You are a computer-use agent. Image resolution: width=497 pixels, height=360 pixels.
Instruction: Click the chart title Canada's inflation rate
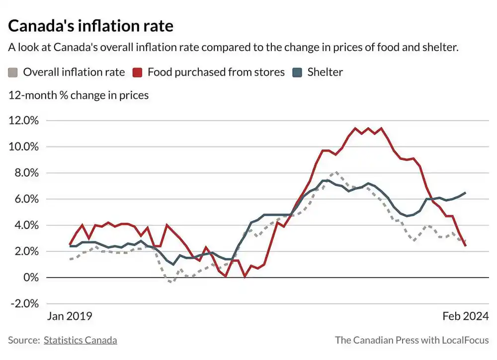tap(90, 25)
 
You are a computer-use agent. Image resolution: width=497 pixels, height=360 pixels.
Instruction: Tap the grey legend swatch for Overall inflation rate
tap(13, 72)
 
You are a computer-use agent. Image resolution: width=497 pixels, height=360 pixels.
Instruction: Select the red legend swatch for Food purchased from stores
tap(138, 72)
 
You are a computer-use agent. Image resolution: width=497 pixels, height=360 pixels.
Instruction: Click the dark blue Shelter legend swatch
tap(297, 72)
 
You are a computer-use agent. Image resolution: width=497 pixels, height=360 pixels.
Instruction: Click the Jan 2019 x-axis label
tap(70, 316)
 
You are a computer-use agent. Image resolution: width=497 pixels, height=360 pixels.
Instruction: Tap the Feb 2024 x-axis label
tap(465, 316)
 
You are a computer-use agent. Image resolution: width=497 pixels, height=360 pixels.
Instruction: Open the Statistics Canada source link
tap(81, 340)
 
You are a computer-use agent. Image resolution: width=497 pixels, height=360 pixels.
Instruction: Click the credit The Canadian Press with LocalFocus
tap(412, 340)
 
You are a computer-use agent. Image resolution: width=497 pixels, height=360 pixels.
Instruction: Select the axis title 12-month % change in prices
tap(79, 95)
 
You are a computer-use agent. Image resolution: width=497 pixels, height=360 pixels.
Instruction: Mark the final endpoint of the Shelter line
tap(465, 193)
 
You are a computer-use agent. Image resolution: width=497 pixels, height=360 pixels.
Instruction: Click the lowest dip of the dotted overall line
tap(170, 282)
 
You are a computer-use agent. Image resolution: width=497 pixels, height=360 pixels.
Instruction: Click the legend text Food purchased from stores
tap(216, 72)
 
